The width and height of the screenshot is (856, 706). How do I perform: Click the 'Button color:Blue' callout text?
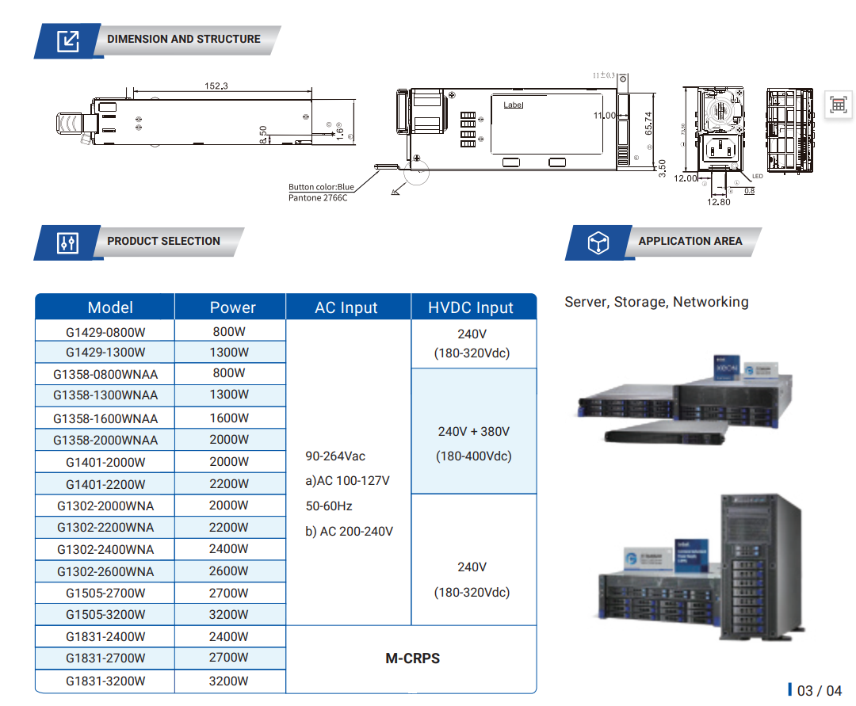[321, 188]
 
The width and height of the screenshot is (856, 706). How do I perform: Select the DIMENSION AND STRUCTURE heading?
[183, 39]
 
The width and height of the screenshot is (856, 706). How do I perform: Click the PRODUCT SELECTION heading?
[163, 241]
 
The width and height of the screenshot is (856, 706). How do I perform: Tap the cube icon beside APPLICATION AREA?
[598, 242]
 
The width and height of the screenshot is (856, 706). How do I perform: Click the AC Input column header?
[346, 307]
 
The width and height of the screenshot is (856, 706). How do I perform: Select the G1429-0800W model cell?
[105, 332]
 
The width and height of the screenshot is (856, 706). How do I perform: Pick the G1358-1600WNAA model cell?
[105, 418]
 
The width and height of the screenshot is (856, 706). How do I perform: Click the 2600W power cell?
[229, 571]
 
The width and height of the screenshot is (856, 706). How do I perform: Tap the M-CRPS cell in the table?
[412, 658]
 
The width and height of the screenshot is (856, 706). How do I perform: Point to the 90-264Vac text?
[335, 456]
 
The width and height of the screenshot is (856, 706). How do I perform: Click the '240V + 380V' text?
[473, 432]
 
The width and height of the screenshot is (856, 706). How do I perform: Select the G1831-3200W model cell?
[105, 681]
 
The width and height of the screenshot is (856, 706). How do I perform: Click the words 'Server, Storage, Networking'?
[656, 302]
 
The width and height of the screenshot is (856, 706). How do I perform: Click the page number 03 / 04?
[819, 691]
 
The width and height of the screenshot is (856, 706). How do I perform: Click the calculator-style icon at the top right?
[838, 104]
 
